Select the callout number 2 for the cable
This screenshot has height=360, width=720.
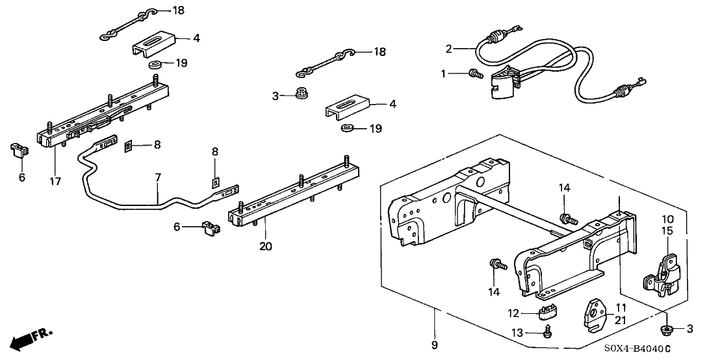click(x=448, y=48)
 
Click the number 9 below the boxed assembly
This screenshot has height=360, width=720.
click(x=434, y=344)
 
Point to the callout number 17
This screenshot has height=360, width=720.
click(x=55, y=182)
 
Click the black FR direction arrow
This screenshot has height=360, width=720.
click(x=24, y=339)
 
